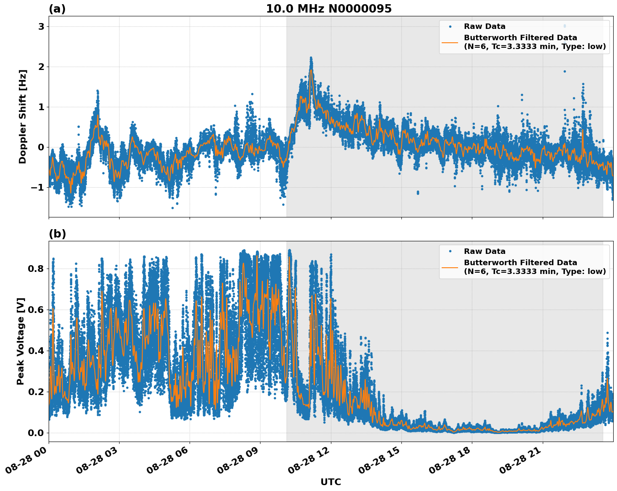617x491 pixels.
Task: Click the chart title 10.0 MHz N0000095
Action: pos(328,9)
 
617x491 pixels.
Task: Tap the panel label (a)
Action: pos(57,9)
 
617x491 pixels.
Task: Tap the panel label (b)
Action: pos(57,234)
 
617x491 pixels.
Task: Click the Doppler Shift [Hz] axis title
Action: pos(23,116)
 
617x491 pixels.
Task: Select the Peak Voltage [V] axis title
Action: pos(21,341)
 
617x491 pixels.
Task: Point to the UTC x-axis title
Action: pos(331,482)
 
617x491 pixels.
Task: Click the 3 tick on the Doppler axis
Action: pos(41,26)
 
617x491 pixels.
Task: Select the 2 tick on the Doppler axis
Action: pos(41,67)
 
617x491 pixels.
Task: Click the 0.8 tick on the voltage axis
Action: pos(35,269)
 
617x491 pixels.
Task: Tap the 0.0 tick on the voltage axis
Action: pos(35,433)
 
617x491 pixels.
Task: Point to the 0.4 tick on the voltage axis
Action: pos(35,351)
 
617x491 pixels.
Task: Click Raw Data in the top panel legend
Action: pos(484,26)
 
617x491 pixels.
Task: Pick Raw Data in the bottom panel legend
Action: pos(484,251)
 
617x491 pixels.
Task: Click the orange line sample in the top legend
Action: pos(450,42)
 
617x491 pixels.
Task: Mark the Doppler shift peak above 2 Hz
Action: pos(311,58)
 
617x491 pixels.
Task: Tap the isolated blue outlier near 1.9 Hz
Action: pos(565,71)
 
